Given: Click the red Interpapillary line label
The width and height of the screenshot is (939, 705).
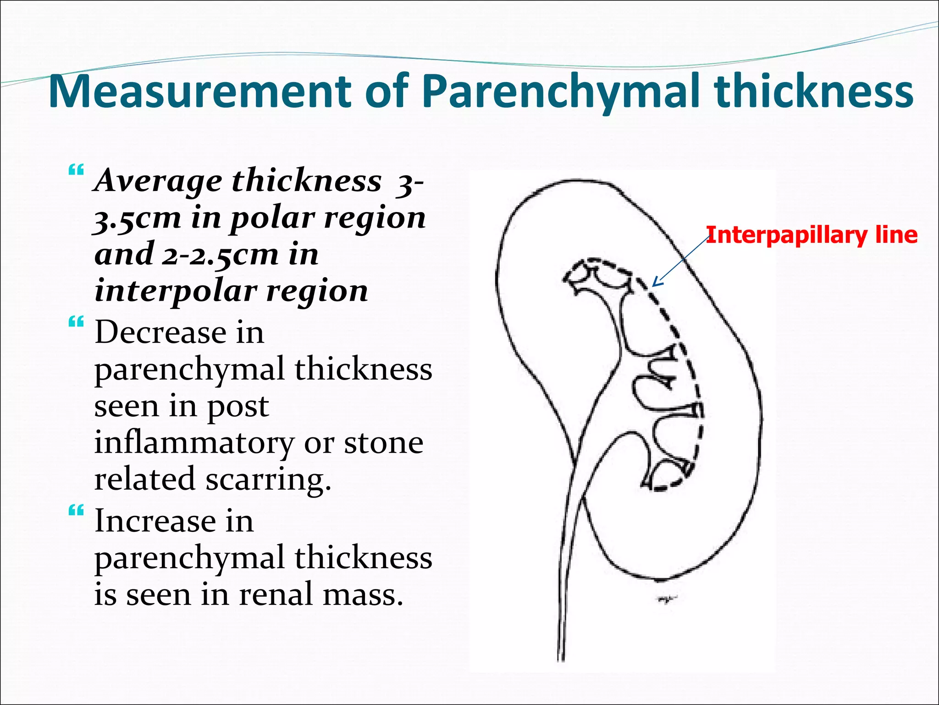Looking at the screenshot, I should pos(812,235).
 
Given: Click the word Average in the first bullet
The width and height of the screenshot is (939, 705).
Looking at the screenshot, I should pos(158,181).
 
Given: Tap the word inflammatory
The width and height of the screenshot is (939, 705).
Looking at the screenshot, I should pos(193,443).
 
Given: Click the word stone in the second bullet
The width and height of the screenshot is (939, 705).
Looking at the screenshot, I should pos(383,443).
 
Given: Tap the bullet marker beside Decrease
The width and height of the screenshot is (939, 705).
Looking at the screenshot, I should pos(76,322).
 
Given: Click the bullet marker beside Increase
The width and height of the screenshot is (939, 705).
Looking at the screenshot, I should pos(76,510).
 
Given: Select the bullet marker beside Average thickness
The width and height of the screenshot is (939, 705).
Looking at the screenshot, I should pos(76,170).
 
